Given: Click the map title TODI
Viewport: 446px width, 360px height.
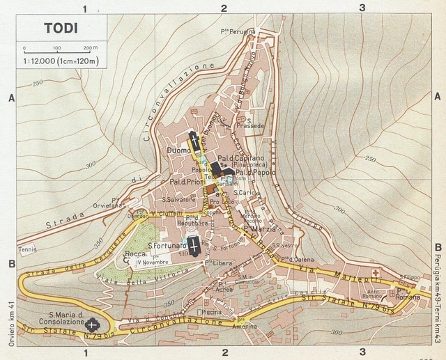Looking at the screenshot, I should coord(61,29).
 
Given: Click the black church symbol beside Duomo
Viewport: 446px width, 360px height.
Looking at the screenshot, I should coord(194,143).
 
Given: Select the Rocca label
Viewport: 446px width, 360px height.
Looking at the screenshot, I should coord(134,254).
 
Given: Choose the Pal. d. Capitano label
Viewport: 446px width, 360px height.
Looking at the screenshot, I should coord(241,158).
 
